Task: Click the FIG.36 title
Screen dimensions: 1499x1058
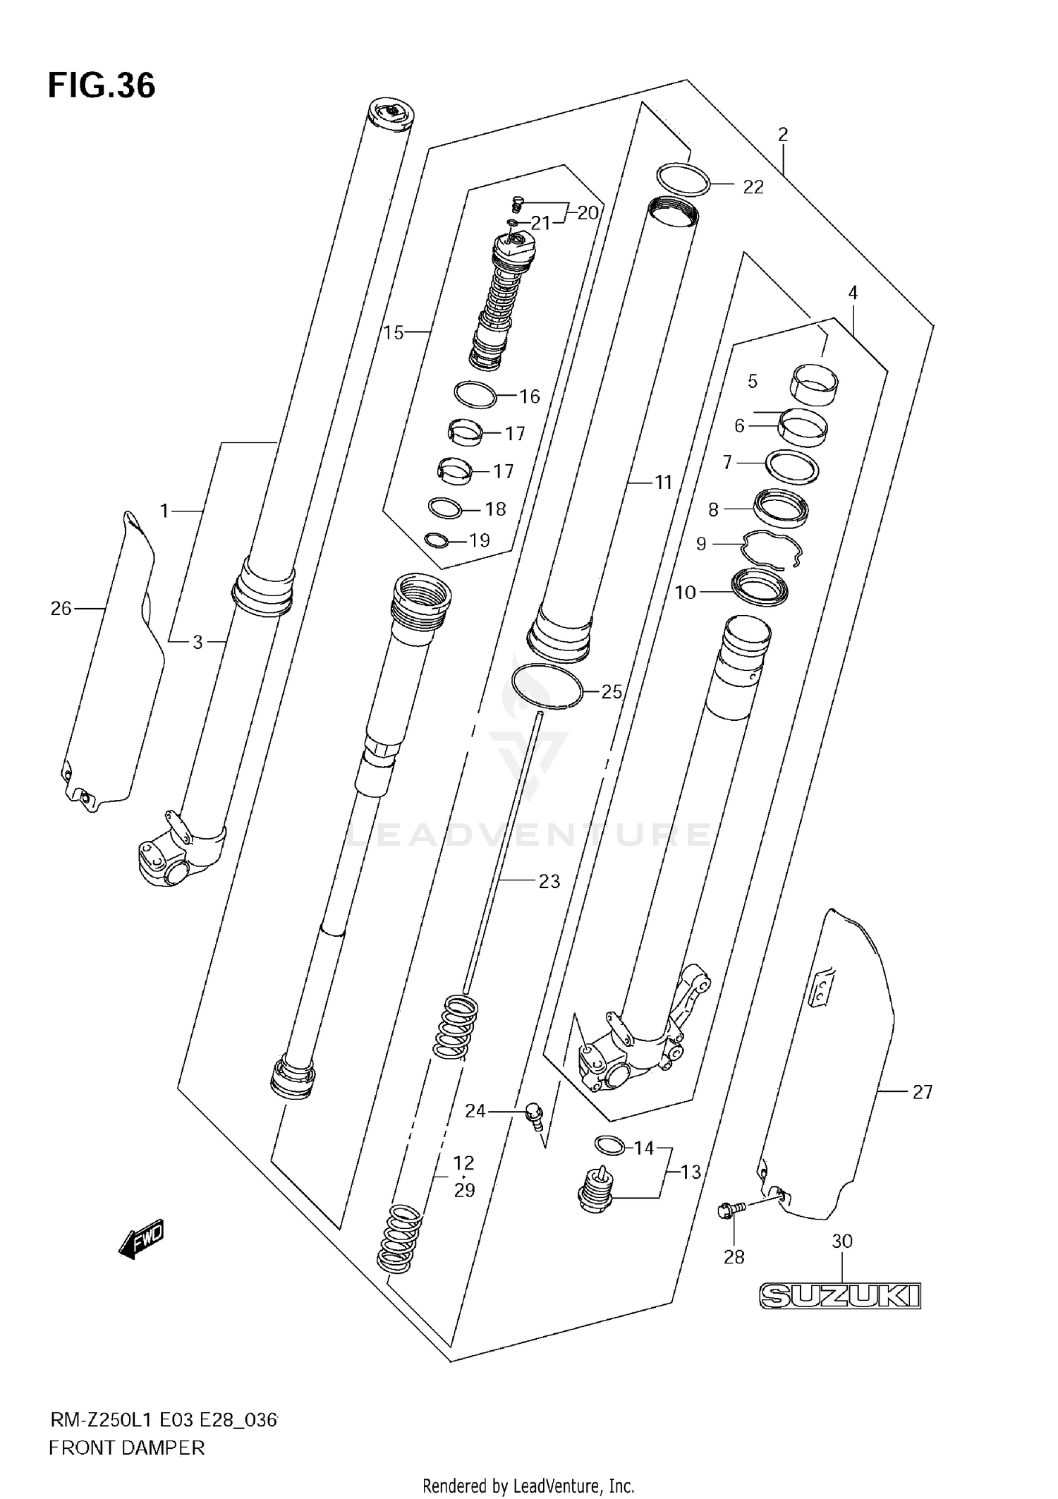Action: click(102, 86)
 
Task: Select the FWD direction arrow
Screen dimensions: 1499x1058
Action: click(142, 1238)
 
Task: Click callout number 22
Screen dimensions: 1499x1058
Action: click(753, 187)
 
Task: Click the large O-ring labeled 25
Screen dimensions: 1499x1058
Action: click(547, 686)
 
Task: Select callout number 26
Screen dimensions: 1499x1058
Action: click(61, 608)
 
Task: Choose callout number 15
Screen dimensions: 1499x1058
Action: click(394, 332)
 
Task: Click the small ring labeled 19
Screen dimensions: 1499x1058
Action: click(437, 540)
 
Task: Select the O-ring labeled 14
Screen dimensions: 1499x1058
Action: click(609, 1146)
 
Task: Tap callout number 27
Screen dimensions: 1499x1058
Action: click(923, 1092)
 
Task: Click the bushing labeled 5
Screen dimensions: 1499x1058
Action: click(813, 384)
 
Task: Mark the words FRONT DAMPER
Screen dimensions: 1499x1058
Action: click(127, 1448)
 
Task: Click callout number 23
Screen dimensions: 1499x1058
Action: click(549, 881)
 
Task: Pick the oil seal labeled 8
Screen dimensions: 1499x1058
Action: click(780, 508)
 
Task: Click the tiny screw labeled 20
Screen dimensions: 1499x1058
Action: click(517, 204)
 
